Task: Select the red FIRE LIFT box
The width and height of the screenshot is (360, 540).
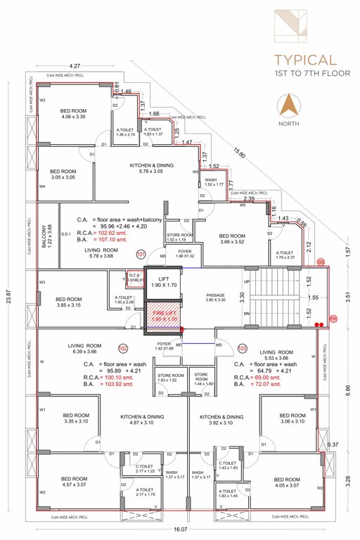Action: pos(162,316)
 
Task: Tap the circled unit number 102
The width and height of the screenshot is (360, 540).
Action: pos(123,348)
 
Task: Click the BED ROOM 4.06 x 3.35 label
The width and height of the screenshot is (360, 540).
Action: pos(73,114)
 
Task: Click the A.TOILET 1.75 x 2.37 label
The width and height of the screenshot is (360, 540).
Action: pos(285,255)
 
